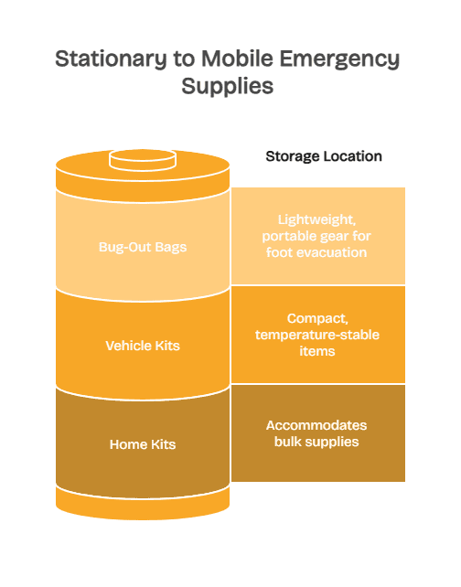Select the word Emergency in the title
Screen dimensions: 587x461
[340, 59]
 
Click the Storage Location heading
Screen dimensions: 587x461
[324, 156]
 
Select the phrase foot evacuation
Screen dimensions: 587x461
[317, 251]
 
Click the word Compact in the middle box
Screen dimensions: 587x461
[317, 319]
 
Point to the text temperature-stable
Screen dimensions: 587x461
[317, 335]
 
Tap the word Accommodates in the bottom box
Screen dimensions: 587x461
[317, 426]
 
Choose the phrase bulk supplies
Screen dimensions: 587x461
[317, 443]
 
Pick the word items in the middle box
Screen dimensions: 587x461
[317, 351]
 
